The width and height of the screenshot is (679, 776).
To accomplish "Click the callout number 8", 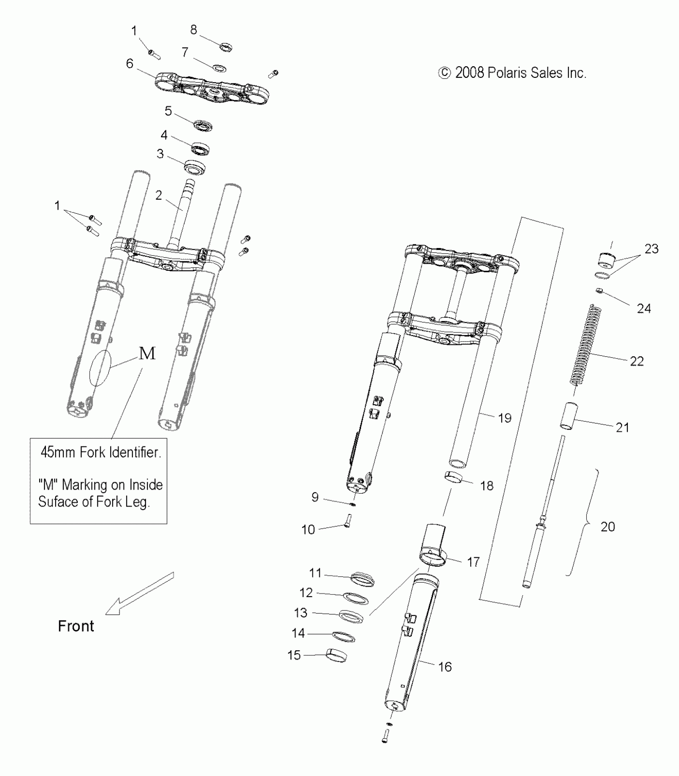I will click(193, 30).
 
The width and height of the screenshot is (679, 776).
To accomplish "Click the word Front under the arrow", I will click(76, 626).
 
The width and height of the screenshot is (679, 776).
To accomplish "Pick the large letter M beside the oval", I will click(147, 353).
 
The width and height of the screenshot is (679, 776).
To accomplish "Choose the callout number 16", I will click(445, 667).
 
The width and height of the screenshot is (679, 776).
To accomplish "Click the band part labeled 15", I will click(336, 655).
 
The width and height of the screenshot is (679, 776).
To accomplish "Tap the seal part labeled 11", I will click(362, 579).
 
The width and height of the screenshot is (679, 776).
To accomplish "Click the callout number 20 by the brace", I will click(608, 526).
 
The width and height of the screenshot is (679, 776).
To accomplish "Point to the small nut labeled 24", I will click(599, 290).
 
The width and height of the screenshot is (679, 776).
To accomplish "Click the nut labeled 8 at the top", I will click(226, 47).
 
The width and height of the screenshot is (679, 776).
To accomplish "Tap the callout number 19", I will click(504, 418).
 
